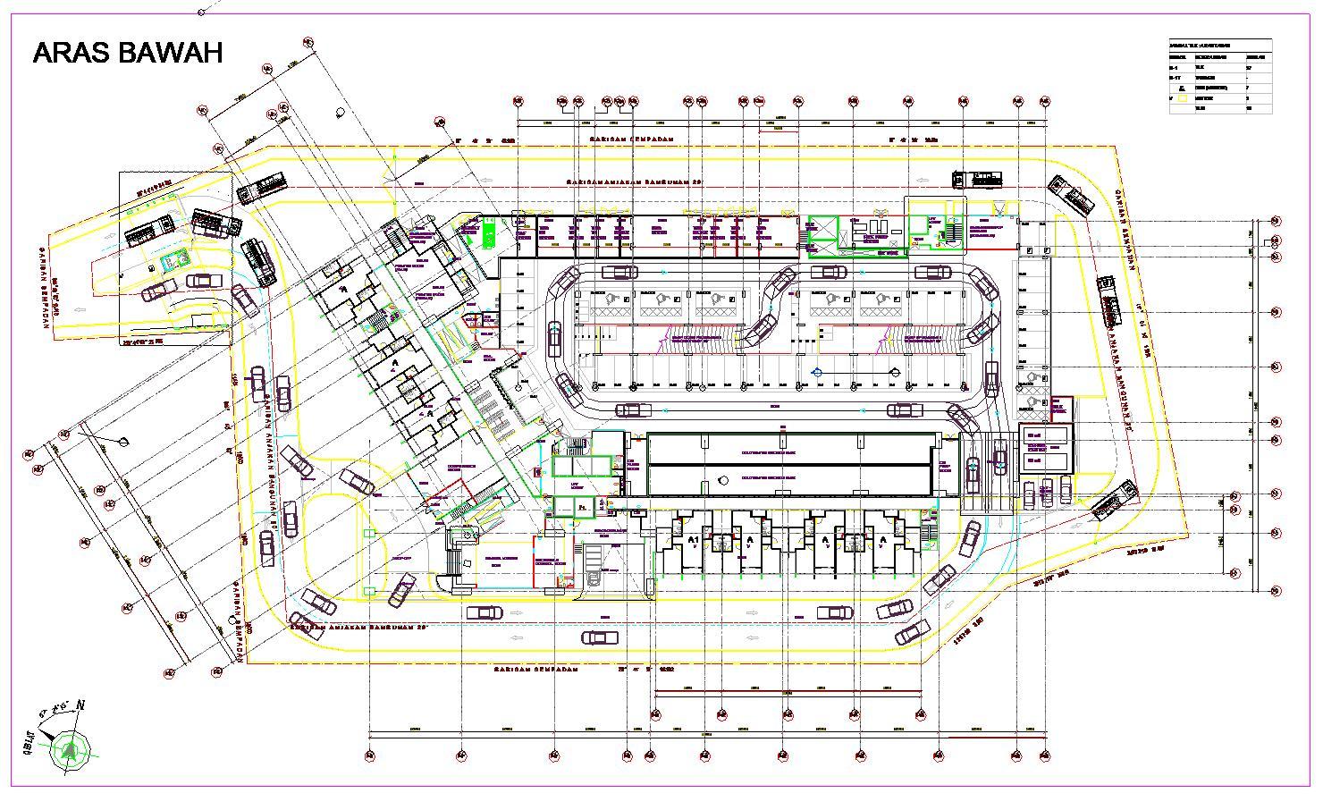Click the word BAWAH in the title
[x=170, y=54]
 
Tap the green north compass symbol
[x=70, y=747]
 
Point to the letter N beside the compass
[x=80, y=705]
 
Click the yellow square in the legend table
[x=1182, y=98]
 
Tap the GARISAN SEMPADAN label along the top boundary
[x=629, y=140]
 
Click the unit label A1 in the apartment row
[x=694, y=540]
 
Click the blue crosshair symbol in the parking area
[x=815, y=371]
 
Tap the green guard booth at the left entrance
[x=171, y=260]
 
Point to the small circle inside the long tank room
[x=720, y=480]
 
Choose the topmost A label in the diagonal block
[x=341, y=291]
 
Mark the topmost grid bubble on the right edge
[x=1276, y=221]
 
